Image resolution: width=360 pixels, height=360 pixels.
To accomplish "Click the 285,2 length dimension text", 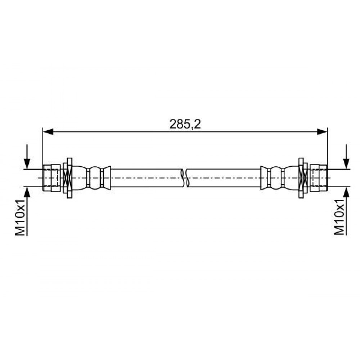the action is (185, 124).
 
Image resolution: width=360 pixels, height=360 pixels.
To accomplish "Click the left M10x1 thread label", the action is (20, 217).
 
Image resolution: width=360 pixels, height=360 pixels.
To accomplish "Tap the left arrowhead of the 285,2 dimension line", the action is (48, 132).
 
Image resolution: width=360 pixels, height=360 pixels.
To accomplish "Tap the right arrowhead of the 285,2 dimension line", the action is (322, 132).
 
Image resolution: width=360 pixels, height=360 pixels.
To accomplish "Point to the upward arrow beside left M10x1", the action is (27, 211).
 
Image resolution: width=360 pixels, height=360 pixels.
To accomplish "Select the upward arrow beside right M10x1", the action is (346, 211).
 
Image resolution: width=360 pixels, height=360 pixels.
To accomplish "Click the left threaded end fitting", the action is (51, 178).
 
